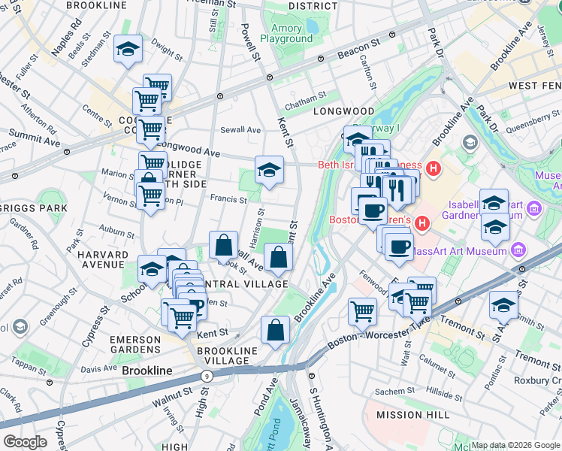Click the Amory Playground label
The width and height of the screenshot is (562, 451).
click(x=286, y=33)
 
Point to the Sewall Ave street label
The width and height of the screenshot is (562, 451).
click(x=240, y=130)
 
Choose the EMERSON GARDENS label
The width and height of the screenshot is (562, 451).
click(x=135, y=345)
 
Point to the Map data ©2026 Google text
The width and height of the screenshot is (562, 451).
click(x=515, y=445)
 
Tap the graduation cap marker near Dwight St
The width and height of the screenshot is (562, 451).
click(x=128, y=50)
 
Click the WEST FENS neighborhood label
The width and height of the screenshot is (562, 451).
click(x=534, y=86)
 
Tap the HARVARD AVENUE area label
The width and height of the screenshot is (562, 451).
click(x=101, y=259)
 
